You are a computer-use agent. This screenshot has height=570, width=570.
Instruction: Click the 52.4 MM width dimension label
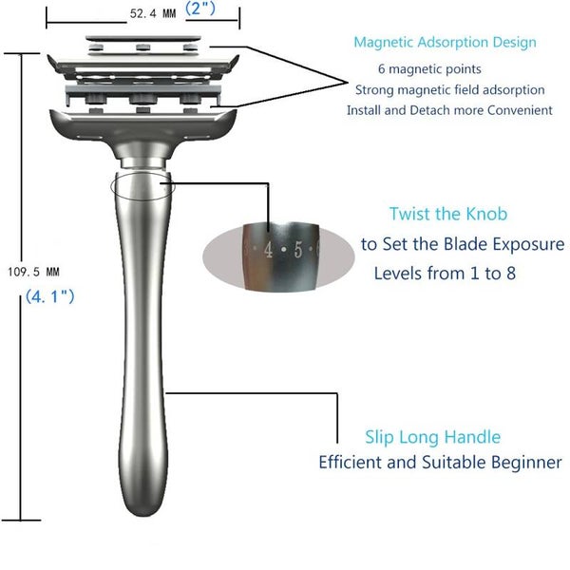coord(153,14)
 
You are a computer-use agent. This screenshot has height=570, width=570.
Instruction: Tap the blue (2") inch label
coord(200,8)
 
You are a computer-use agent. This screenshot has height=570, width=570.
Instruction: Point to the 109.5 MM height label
coord(33,272)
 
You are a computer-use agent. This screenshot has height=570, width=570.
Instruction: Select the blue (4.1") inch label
coord(50,296)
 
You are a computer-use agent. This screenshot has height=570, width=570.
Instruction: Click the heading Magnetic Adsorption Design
coord(445,42)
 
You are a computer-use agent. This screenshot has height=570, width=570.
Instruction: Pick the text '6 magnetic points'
coord(429,68)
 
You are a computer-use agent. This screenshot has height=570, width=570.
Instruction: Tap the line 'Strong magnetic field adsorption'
coord(449,90)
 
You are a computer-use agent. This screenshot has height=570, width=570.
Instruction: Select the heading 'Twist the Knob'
coord(448,214)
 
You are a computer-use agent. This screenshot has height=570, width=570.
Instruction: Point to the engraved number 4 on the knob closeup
coord(268,250)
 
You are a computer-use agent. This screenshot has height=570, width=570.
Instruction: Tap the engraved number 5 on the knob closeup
coord(298,250)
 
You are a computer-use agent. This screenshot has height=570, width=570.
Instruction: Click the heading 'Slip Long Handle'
coord(432,437)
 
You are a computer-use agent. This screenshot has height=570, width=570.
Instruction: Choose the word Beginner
coord(526,463)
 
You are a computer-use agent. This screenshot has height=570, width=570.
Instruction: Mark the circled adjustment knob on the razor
coord(142,185)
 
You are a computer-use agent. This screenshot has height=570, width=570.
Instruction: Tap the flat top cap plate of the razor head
coord(142,38)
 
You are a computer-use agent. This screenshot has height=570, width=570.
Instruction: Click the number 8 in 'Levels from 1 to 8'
coord(511,274)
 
